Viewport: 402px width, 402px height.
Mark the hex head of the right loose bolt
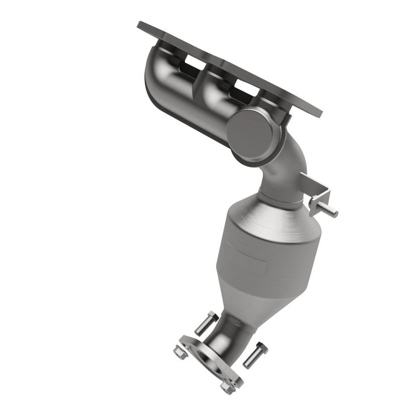point(262,347)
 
